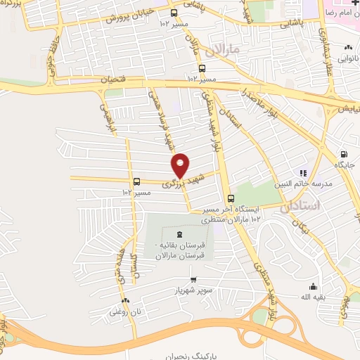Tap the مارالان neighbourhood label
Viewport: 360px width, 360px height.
pos(225,49)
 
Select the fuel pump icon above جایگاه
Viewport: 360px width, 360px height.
pos(343,155)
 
